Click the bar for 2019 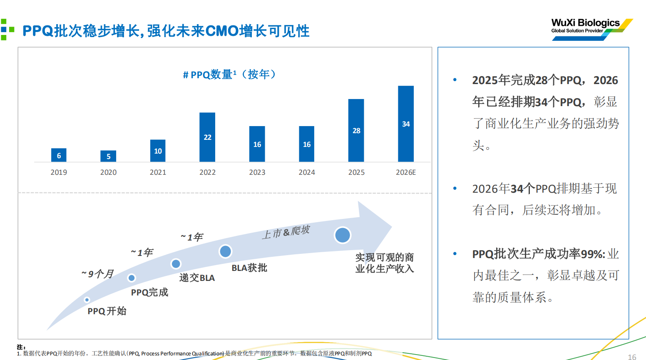point(59,155)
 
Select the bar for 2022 point(207,137)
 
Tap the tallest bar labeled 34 point(406,124)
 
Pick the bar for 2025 point(356,130)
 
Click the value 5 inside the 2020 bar point(108,156)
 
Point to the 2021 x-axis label point(158,172)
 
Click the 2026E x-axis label point(406,172)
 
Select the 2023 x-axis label point(257,172)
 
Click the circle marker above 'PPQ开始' point(87,300)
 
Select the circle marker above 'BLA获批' point(225,251)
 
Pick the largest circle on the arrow point(343,235)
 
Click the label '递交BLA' point(197,278)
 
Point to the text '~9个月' point(98,274)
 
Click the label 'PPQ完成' point(149,292)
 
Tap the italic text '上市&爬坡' point(286,232)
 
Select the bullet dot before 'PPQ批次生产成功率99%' point(455,253)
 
